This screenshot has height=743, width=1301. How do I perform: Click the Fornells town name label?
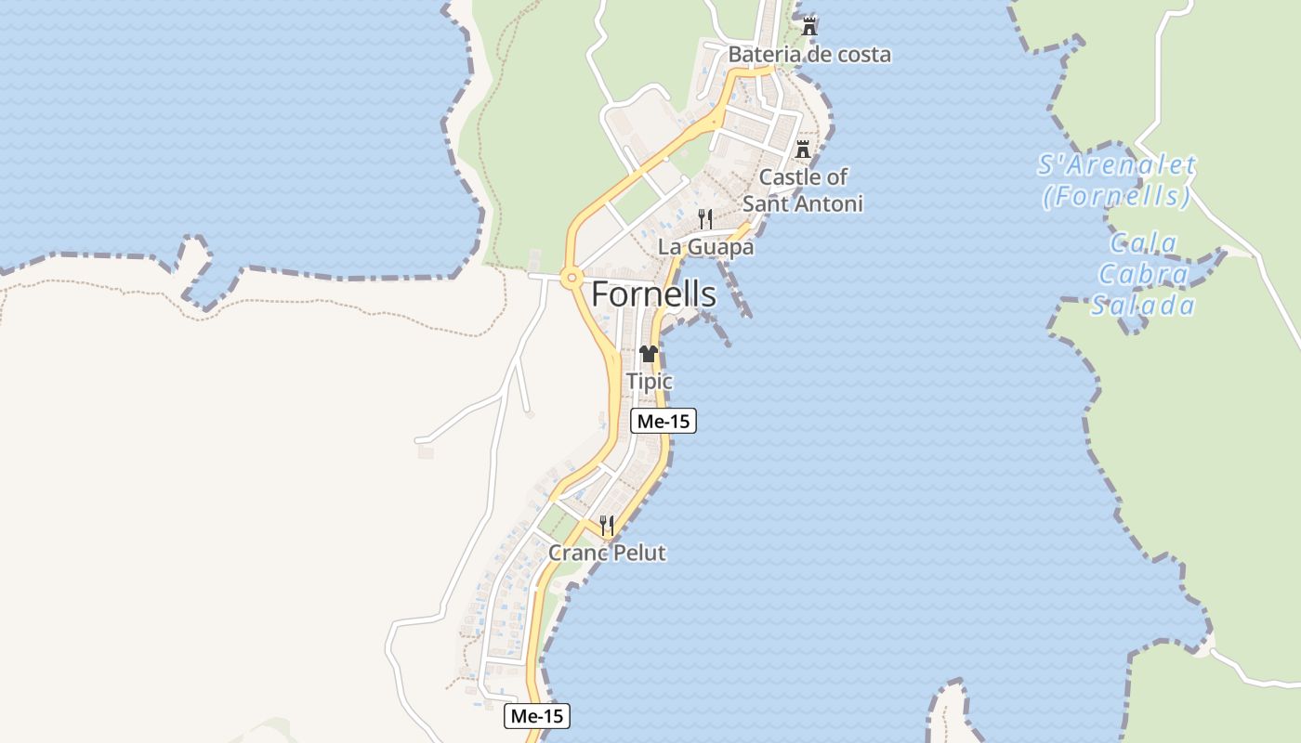[653, 294]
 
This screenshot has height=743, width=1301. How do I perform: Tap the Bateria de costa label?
[808, 55]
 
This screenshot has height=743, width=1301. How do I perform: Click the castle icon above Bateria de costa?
[809, 27]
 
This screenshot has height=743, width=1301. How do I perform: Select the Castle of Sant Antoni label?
[803, 189]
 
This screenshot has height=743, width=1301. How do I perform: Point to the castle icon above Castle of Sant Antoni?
[803, 149]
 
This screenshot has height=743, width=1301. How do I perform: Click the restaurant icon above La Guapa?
[705, 219]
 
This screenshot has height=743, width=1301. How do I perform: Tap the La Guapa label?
[705, 247]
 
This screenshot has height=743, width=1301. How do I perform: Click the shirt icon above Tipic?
[649, 354]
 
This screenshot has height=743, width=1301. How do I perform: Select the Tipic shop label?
[649, 381]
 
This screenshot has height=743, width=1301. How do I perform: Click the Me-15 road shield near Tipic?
[664, 421]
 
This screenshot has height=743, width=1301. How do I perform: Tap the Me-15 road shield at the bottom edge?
[537, 716]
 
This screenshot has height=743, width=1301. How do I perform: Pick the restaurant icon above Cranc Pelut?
[606, 526]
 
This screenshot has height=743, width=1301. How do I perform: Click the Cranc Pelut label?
[607, 553]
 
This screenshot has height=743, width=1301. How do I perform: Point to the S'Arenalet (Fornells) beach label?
[1116, 181]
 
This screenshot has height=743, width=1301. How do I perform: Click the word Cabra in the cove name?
[1143, 274]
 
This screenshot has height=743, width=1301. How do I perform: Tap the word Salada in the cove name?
[1143, 305]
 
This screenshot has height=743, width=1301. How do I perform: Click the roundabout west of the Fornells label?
[570, 276]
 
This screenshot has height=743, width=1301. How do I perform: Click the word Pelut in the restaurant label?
[637, 553]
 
